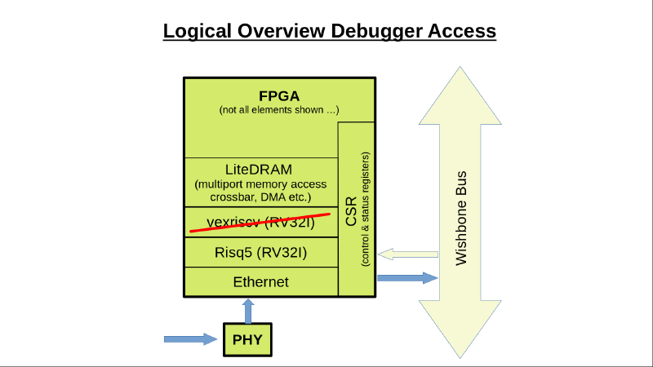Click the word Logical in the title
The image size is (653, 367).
(x=198, y=31)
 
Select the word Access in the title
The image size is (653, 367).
(x=463, y=31)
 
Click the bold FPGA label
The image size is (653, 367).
(x=278, y=95)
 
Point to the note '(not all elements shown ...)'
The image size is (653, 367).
(x=278, y=109)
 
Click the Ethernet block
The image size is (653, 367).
(x=260, y=282)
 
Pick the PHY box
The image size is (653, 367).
(x=247, y=339)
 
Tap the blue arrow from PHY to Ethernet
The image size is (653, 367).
(x=247, y=311)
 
